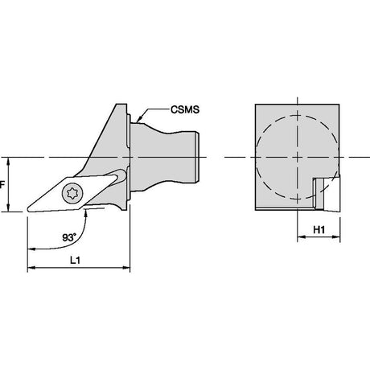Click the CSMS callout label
185,109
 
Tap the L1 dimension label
75,260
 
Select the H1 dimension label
319,229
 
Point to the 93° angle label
69,237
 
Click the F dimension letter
2,185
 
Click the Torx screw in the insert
73,192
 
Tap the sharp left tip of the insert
27,209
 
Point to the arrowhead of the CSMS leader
139,120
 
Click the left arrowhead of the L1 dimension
31,268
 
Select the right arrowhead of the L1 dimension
126,268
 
